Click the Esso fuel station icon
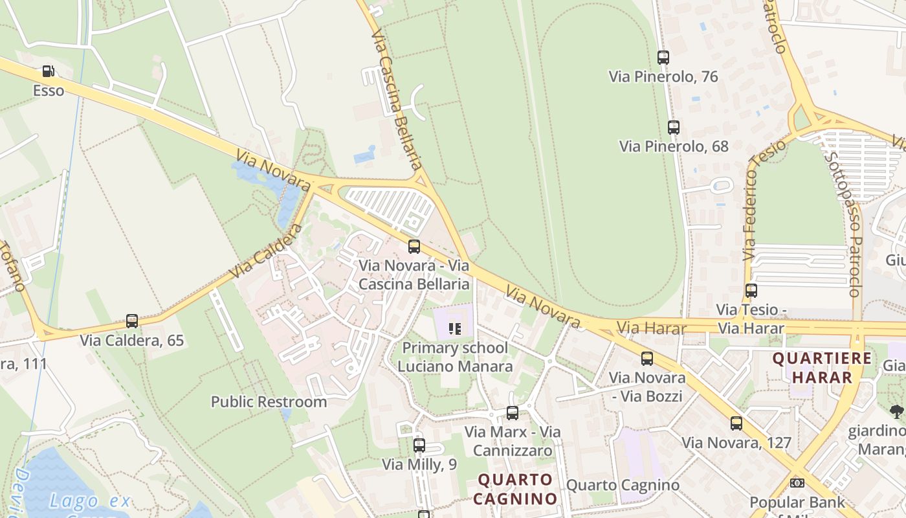click(49, 71)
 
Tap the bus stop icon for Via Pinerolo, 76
click(663, 58)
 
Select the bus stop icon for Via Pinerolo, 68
click(674, 128)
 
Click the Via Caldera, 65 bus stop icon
click(132, 321)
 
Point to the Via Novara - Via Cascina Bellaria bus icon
click(414, 247)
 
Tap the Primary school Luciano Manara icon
click(454, 329)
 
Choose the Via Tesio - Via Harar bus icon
click(751, 291)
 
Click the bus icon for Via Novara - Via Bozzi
click(647, 359)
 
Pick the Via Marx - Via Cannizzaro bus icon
click(513, 413)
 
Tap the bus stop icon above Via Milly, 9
click(419, 445)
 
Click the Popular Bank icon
click(797, 483)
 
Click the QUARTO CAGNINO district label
click(516, 489)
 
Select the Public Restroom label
click(269, 401)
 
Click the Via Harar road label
click(651, 328)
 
